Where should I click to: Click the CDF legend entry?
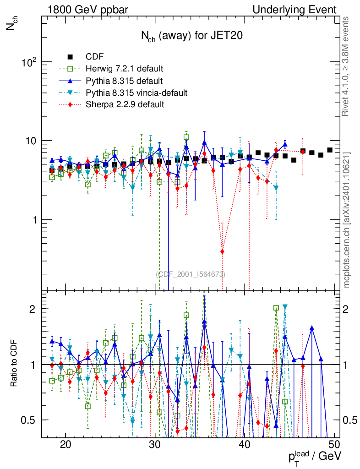94,57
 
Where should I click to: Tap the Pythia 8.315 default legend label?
124,81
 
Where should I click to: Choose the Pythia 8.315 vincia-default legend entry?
136,93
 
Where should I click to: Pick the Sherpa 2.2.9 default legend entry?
125,105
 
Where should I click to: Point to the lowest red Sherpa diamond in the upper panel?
222,251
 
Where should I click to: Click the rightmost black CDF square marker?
330,150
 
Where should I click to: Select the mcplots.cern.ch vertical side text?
347,219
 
